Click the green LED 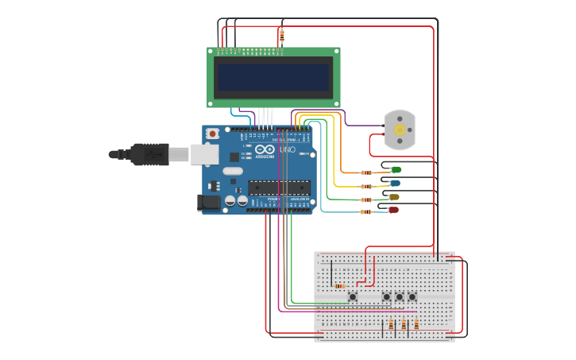tap(396, 169)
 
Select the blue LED tap(395, 183)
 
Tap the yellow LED tap(394, 196)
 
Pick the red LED tap(393, 210)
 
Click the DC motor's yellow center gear tap(400, 130)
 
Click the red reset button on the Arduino tap(212, 134)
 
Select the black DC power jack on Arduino tap(209, 203)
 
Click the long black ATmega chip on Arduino tap(278, 188)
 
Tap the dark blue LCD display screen tap(274, 77)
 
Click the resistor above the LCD tap(281, 36)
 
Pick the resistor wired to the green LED tap(366, 172)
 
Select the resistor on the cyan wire tap(366, 212)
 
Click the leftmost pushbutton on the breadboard tap(353, 297)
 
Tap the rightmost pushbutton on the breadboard tap(412, 297)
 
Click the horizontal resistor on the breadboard tap(339, 286)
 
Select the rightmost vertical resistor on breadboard tap(416, 324)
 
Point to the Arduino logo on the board tap(265, 149)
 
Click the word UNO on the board tap(287, 149)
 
